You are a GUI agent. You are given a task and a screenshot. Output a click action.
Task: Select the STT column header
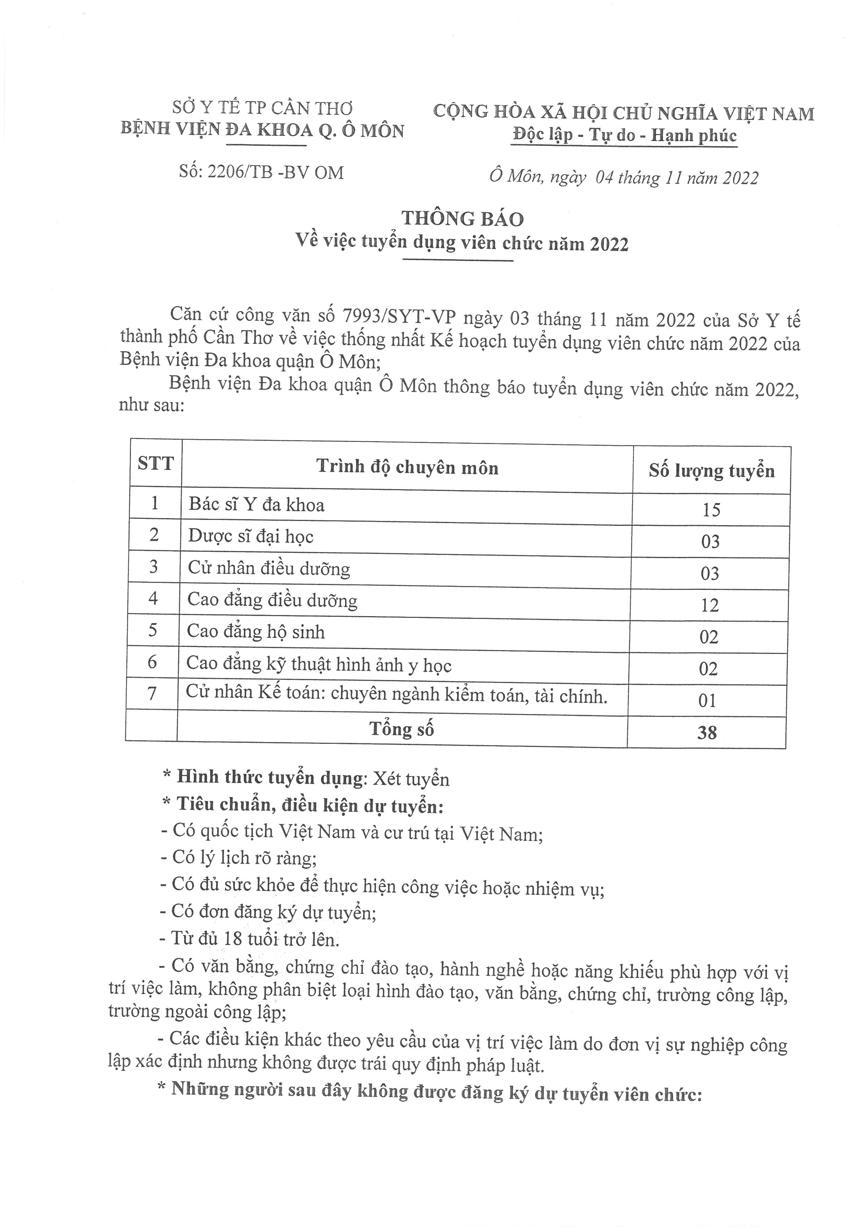[155, 463]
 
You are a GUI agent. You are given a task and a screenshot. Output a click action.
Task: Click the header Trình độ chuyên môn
[407, 467]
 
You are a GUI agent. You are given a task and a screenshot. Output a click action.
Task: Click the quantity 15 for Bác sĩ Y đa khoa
[712, 510]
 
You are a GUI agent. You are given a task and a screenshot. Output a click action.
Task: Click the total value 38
[707, 732]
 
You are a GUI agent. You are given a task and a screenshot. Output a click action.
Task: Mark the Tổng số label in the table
[401, 729]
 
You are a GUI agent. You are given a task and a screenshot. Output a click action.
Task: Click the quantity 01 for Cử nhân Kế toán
[707, 700]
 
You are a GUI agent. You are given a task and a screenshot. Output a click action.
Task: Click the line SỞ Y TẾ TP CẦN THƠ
[262, 108]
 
